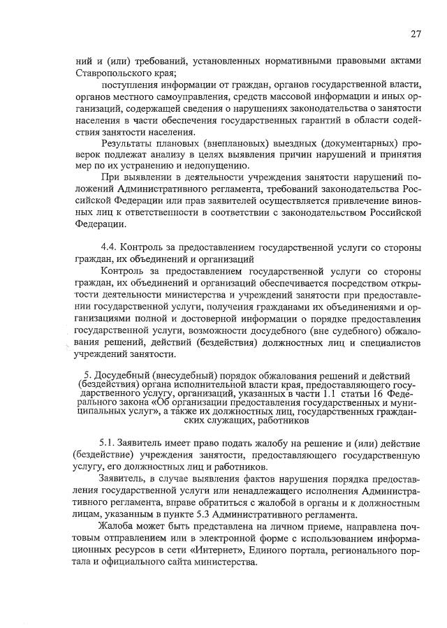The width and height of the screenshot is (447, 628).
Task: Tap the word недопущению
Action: click(211, 166)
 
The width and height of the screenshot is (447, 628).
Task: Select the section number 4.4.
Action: click(111, 248)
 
